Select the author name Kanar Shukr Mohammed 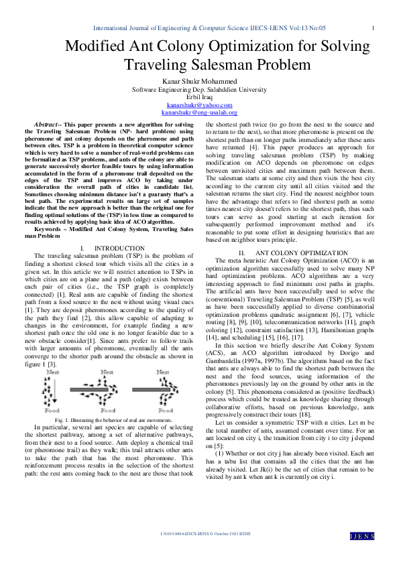point(199,81)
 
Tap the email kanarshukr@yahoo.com point(199,105)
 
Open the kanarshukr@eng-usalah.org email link point(199,113)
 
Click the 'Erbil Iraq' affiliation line point(199,97)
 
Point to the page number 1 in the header point(373,27)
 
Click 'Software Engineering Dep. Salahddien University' point(199,89)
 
